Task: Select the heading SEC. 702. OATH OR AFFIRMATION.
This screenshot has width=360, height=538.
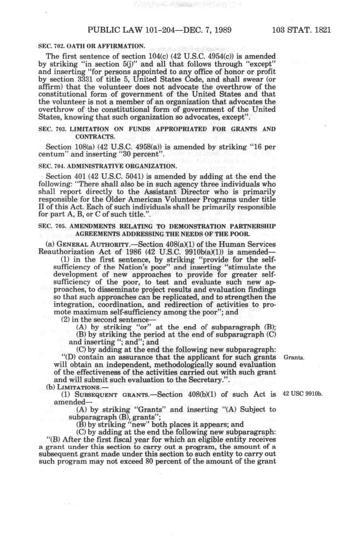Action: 92,46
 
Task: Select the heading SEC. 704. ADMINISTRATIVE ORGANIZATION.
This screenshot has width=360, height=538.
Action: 108,166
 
